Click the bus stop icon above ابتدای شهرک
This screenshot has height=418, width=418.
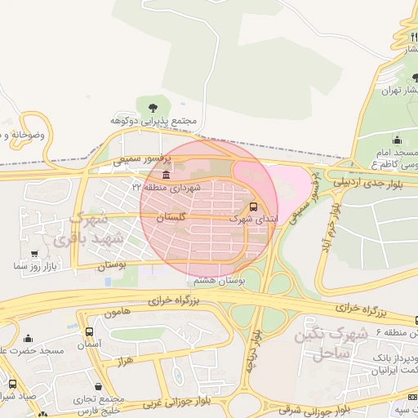253,207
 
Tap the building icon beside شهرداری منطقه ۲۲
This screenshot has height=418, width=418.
167,176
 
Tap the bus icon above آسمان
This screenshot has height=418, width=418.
89,332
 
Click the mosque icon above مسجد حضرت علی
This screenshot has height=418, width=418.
29,339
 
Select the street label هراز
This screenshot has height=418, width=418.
125,360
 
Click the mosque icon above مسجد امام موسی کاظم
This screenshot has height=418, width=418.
398,140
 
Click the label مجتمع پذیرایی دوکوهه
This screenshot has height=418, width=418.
156,122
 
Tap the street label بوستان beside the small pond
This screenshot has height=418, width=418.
113,266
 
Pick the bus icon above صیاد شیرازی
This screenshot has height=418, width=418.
12,384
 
